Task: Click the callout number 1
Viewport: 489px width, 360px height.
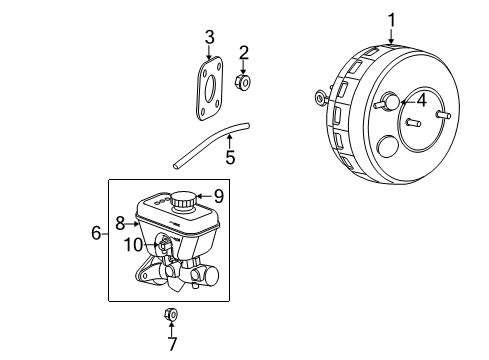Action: [x=391, y=18]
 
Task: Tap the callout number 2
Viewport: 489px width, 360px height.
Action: [x=243, y=51]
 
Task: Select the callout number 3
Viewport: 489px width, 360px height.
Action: [x=209, y=38]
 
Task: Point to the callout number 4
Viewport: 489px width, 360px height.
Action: [x=421, y=100]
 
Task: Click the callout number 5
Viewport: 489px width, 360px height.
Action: [x=229, y=156]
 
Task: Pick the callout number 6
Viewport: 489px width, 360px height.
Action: [x=96, y=233]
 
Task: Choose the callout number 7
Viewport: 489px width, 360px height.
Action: [x=170, y=345]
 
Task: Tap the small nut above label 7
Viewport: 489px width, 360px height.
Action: [x=170, y=316]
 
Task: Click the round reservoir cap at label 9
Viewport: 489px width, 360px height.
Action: [x=183, y=200]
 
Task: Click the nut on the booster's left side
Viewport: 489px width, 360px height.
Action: [x=320, y=97]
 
